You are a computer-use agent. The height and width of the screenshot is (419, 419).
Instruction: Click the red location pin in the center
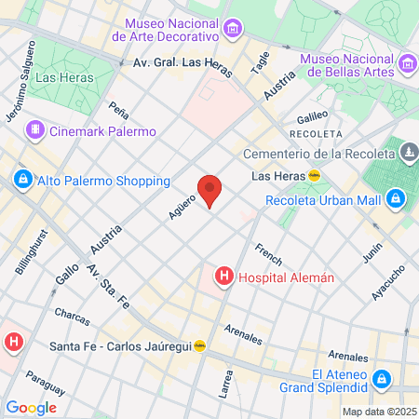click(x=210, y=190)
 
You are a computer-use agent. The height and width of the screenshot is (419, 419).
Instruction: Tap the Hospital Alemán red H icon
click(x=223, y=276)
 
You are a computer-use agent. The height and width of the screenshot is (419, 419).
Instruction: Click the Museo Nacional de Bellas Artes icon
click(x=407, y=63)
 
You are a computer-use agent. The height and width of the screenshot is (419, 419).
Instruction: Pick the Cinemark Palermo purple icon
click(x=35, y=130)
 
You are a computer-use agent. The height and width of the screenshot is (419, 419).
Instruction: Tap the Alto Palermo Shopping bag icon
click(x=22, y=180)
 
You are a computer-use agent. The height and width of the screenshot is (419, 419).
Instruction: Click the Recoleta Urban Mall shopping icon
click(x=396, y=198)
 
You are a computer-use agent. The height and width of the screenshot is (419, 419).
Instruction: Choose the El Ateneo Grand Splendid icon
click(x=381, y=378)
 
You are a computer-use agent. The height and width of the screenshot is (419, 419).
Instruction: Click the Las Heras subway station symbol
click(x=315, y=175)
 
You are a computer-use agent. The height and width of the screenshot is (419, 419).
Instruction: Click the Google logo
click(x=31, y=407)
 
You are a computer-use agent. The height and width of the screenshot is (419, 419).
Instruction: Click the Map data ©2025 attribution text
click(x=377, y=412)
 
